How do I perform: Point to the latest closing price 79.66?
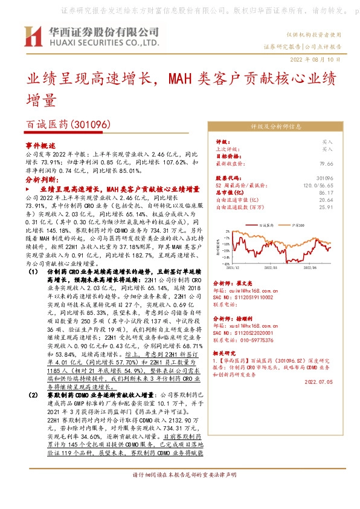343,163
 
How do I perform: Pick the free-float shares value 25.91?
343,207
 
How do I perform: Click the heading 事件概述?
40,146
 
